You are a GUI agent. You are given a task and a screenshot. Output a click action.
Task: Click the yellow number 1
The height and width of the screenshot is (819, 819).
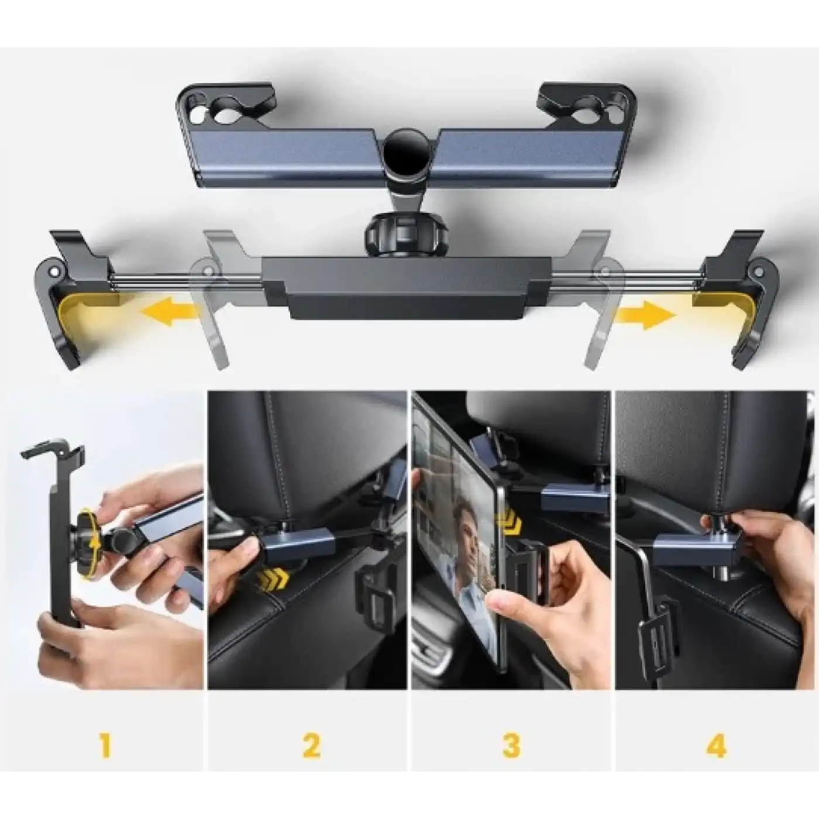pos(105,747)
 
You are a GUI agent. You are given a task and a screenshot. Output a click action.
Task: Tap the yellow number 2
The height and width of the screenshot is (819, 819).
pos(311,747)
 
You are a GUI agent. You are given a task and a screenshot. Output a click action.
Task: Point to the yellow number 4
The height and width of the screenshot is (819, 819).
pos(717,747)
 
